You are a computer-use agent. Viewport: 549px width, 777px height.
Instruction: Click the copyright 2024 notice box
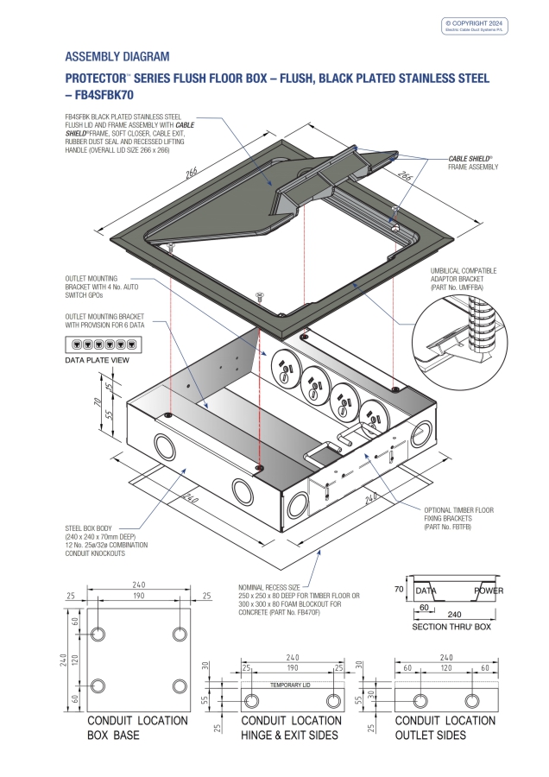475,25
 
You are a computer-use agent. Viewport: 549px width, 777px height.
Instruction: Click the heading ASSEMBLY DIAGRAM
117,57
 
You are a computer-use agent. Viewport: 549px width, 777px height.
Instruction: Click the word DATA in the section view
426,591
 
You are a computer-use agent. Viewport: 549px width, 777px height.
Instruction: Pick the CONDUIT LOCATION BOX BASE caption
137,727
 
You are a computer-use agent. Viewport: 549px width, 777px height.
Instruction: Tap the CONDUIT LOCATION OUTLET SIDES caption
445,727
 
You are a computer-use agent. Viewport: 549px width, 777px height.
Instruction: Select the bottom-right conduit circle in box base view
180,685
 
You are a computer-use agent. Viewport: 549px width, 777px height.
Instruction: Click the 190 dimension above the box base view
138,606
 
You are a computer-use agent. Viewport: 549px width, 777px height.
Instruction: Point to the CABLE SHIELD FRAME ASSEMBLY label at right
472,162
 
